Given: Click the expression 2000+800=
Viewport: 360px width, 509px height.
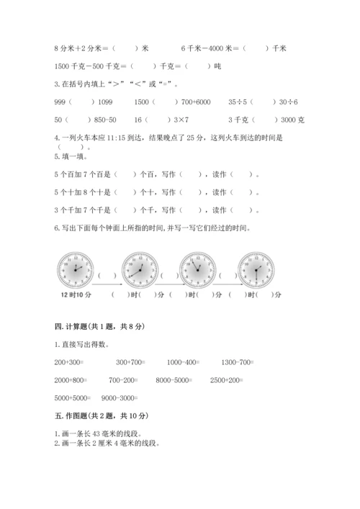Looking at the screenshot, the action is (71, 379).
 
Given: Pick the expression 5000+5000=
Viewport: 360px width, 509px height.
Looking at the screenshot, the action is (71, 397).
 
